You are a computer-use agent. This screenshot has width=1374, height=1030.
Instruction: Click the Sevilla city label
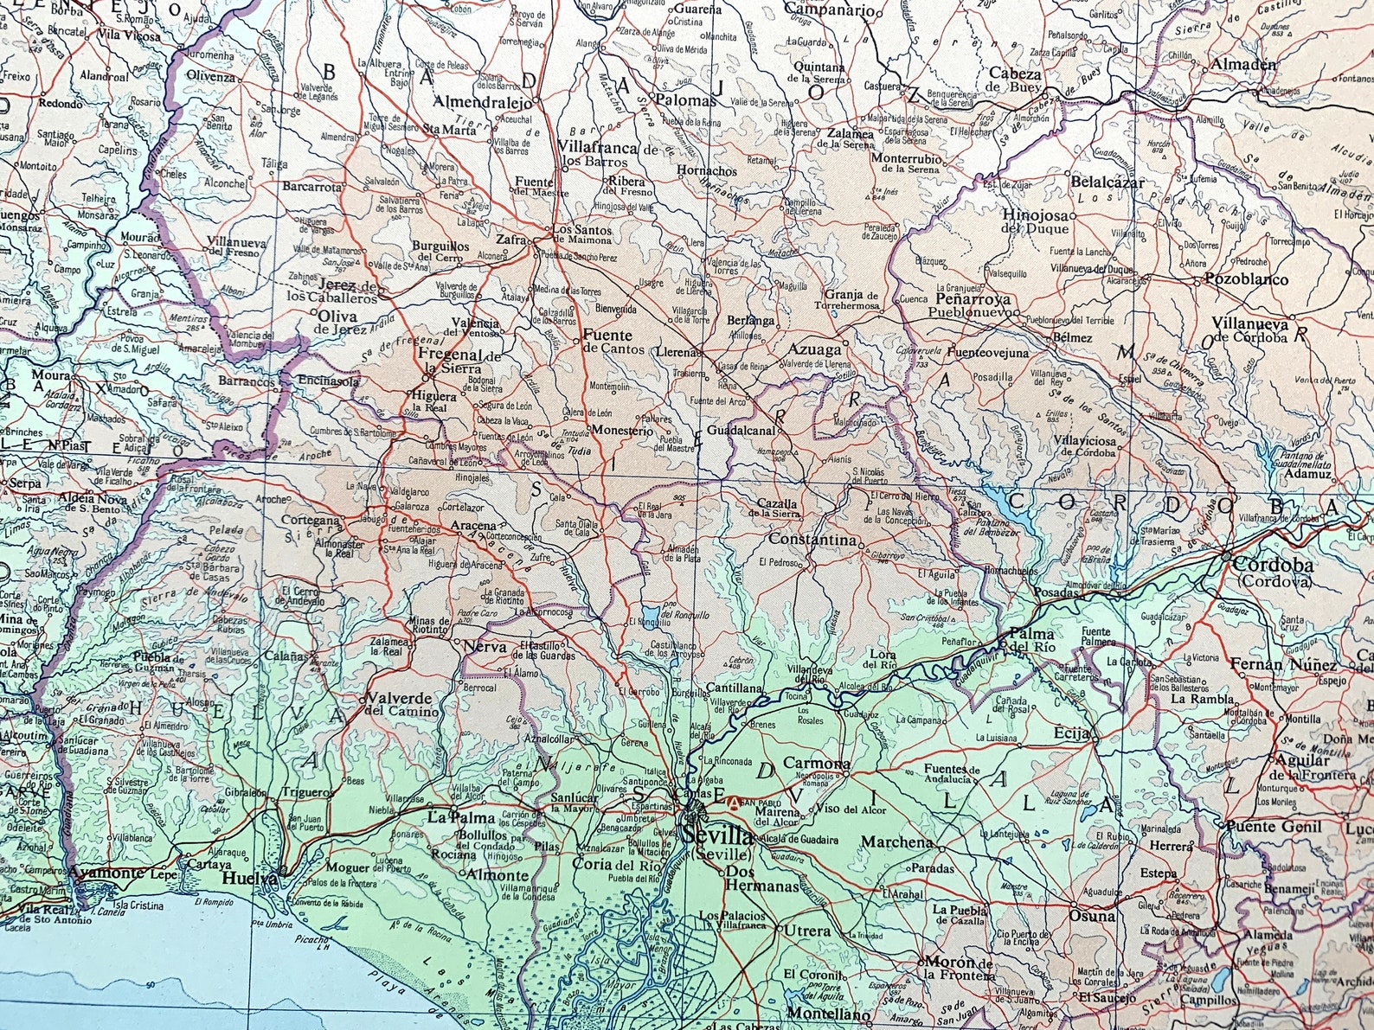point(717,836)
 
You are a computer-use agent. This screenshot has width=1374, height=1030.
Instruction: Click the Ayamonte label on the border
point(106,873)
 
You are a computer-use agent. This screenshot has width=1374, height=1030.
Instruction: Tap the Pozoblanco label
point(1246,280)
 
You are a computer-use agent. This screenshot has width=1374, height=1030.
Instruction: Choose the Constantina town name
point(812,540)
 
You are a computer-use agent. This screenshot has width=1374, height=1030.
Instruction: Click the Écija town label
point(1069,733)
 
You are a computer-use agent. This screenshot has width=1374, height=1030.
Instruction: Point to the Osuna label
point(1092,916)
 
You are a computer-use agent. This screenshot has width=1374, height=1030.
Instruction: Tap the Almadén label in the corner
point(1243,65)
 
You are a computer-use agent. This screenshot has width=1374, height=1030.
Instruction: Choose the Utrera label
point(807,931)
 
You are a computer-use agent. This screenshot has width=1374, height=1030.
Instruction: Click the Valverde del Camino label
point(400,703)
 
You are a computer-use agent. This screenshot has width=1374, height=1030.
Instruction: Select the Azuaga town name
point(815,350)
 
